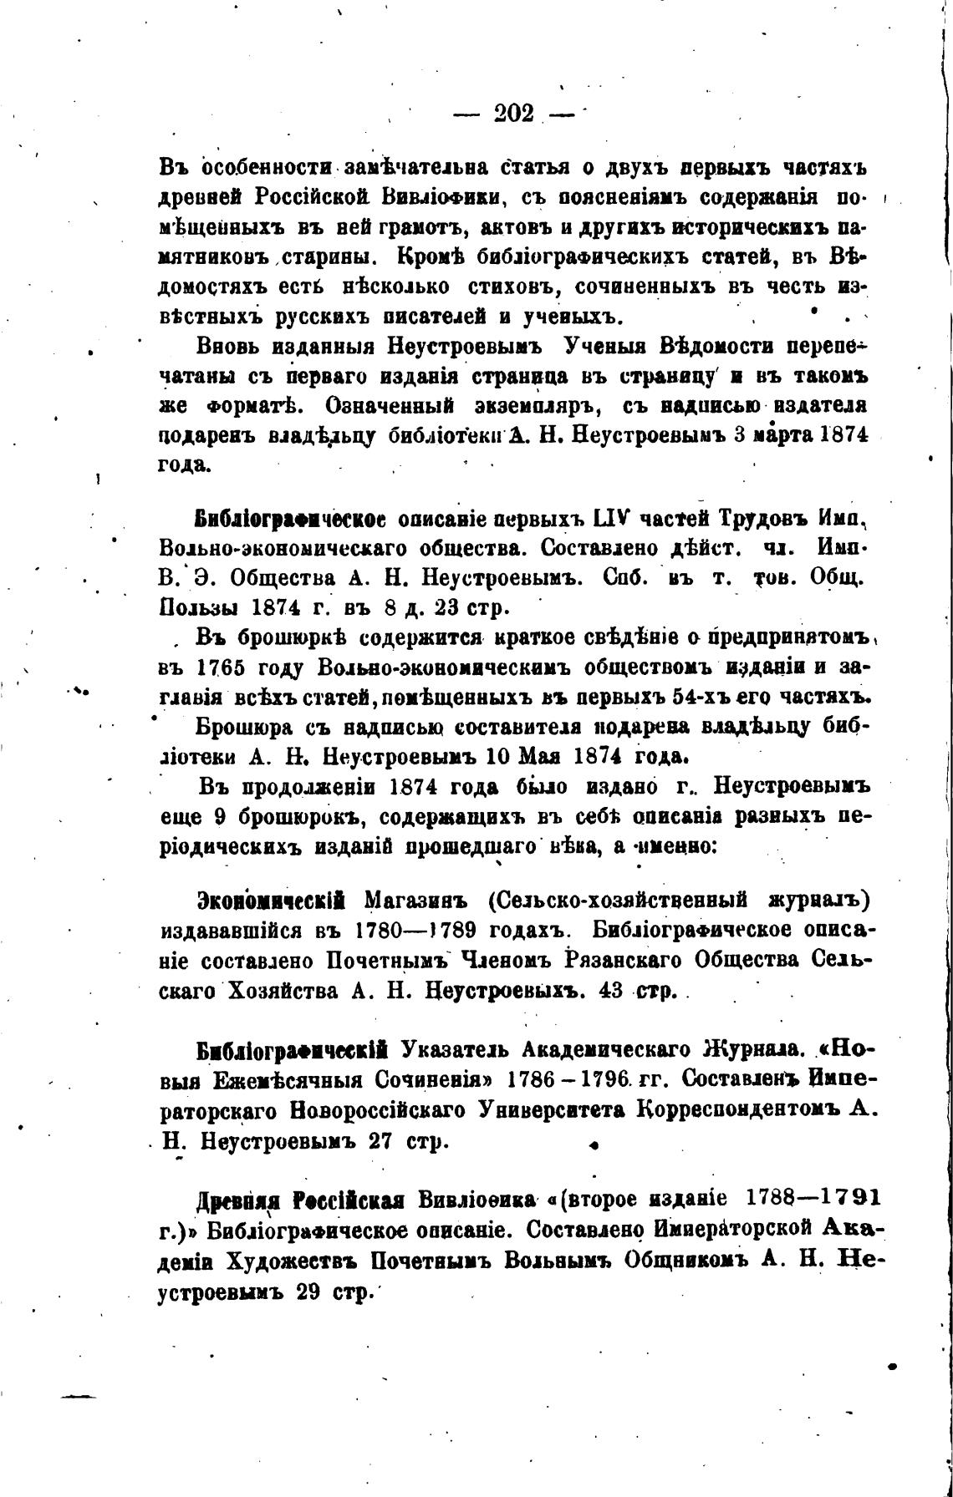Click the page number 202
click(x=513, y=112)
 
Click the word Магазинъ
click(x=420, y=901)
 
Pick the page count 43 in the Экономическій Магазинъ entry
click(x=615, y=991)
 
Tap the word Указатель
click(x=456, y=1049)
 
